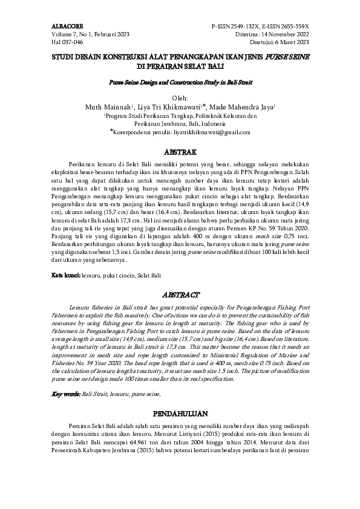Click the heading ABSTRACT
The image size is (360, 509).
tap(180, 294)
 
